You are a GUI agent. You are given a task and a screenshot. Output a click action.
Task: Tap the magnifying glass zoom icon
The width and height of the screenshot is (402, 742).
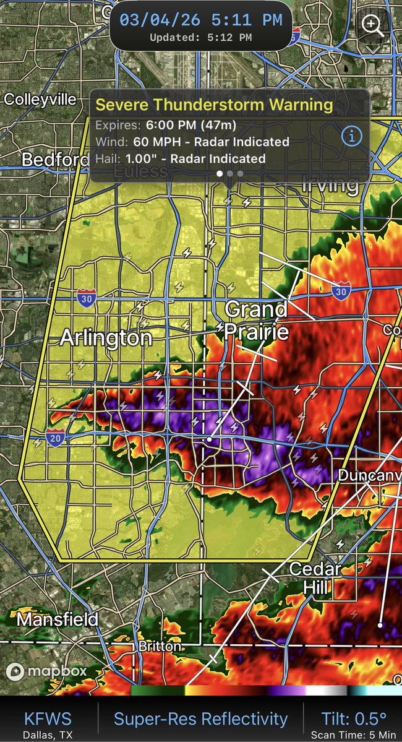tap(373, 26)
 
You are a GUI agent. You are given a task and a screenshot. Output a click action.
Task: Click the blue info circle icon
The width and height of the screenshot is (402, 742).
tap(352, 136)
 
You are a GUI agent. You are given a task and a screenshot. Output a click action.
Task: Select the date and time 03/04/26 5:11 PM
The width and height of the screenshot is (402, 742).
tap(201, 20)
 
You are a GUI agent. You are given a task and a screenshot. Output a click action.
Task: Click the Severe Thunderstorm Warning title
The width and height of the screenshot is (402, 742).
tap(214, 105)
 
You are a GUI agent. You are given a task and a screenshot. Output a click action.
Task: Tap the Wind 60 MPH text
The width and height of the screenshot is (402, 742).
tap(192, 142)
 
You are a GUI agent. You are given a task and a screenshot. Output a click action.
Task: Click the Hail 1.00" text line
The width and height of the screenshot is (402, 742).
tap(180, 158)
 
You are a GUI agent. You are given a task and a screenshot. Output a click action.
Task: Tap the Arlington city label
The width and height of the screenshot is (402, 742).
tap(106, 337)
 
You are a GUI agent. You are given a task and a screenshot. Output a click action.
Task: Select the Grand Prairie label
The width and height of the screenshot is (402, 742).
tap(256, 320)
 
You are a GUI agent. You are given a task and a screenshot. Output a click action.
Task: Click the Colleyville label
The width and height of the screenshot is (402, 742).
tap(41, 100)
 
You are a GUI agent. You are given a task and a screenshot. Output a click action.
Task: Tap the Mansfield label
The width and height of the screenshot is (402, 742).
tap(58, 619)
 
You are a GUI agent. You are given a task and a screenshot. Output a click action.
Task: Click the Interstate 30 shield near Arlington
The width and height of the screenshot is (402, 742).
tap(87, 299)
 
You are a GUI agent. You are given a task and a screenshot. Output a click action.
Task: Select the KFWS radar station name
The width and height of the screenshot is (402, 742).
tap(48, 719)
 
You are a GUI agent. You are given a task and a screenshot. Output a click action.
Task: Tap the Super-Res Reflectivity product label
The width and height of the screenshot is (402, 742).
tap(200, 719)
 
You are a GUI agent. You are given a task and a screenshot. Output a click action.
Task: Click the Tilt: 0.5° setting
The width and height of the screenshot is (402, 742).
tap(354, 718)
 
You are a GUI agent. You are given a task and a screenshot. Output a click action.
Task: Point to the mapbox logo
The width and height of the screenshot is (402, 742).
tap(46, 671)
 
